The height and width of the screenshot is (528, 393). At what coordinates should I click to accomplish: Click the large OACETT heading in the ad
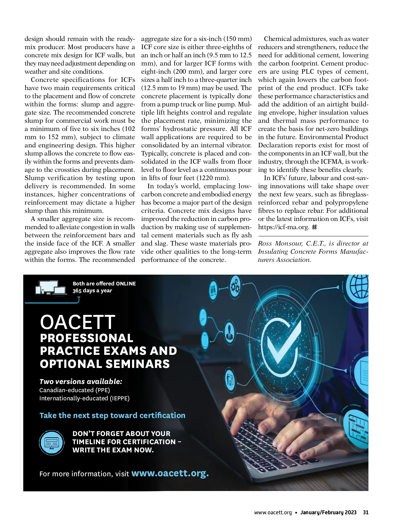click(78, 322)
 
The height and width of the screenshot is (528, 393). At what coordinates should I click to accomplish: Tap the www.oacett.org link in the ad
click(170, 473)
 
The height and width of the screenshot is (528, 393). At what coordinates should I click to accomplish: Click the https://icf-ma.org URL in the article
click(284, 227)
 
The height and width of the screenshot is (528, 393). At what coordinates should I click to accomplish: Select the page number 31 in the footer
click(365, 512)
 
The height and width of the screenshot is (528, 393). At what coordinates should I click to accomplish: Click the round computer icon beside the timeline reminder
click(52, 443)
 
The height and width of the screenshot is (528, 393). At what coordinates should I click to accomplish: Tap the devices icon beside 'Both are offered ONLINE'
click(51, 288)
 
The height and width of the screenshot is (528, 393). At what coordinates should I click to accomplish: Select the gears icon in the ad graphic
click(235, 287)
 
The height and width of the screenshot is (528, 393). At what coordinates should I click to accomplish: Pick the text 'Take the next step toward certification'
click(112, 415)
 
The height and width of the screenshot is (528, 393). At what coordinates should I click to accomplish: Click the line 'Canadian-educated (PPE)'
click(75, 390)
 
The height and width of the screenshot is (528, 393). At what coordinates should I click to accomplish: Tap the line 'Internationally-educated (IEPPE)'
click(84, 398)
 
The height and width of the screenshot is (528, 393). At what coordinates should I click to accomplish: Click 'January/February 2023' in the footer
click(328, 512)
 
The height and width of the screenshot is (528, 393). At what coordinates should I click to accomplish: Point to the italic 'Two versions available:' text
click(81, 381)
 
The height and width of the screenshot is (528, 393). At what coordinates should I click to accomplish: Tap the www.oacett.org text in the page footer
click(273, 512)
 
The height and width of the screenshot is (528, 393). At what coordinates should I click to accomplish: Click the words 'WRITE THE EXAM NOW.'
click(113, 450)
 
